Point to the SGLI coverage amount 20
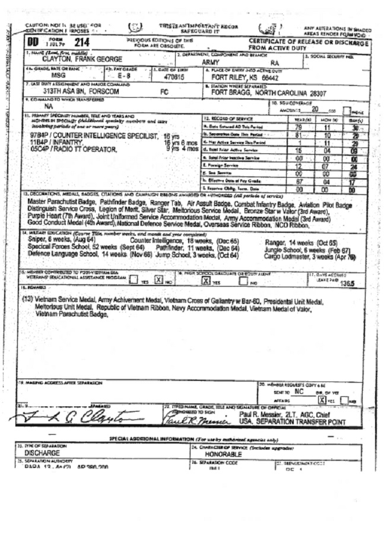tap(315, 108)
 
